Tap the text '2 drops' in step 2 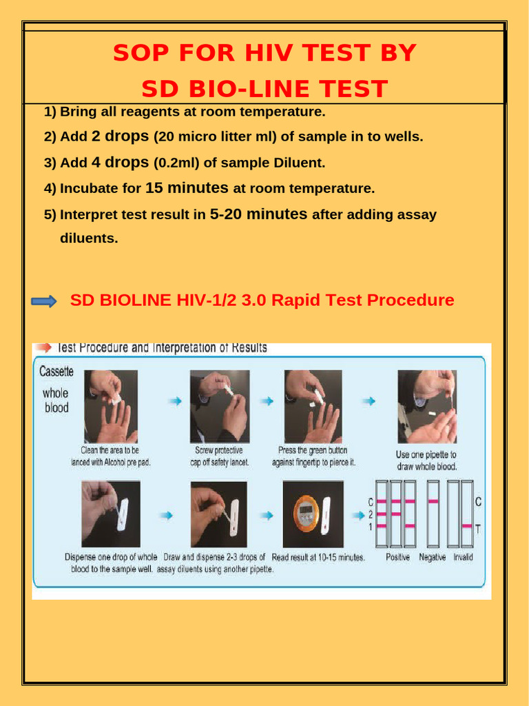coord(121,137)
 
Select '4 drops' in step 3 coord(121,163)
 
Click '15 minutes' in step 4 coord(187,188)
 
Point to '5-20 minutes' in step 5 coord(258,214)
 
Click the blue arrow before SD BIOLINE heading coord(45,301)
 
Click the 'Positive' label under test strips coord(397,557)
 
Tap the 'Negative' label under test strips coord(432,557)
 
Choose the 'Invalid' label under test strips coord(463,557)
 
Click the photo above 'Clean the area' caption coord(111,406)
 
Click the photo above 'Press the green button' coord(313,406)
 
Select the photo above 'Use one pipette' coord(426,406)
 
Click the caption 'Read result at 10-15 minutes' coord(318,557)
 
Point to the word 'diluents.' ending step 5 coord(89,239)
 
